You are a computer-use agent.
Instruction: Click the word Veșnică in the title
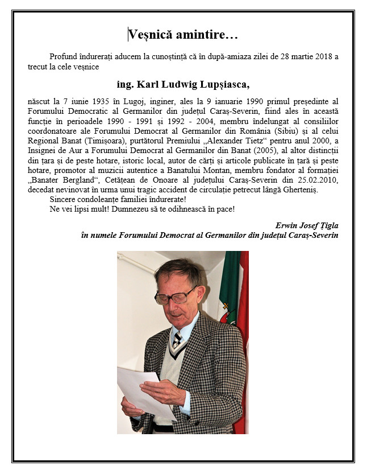pos(149,35)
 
